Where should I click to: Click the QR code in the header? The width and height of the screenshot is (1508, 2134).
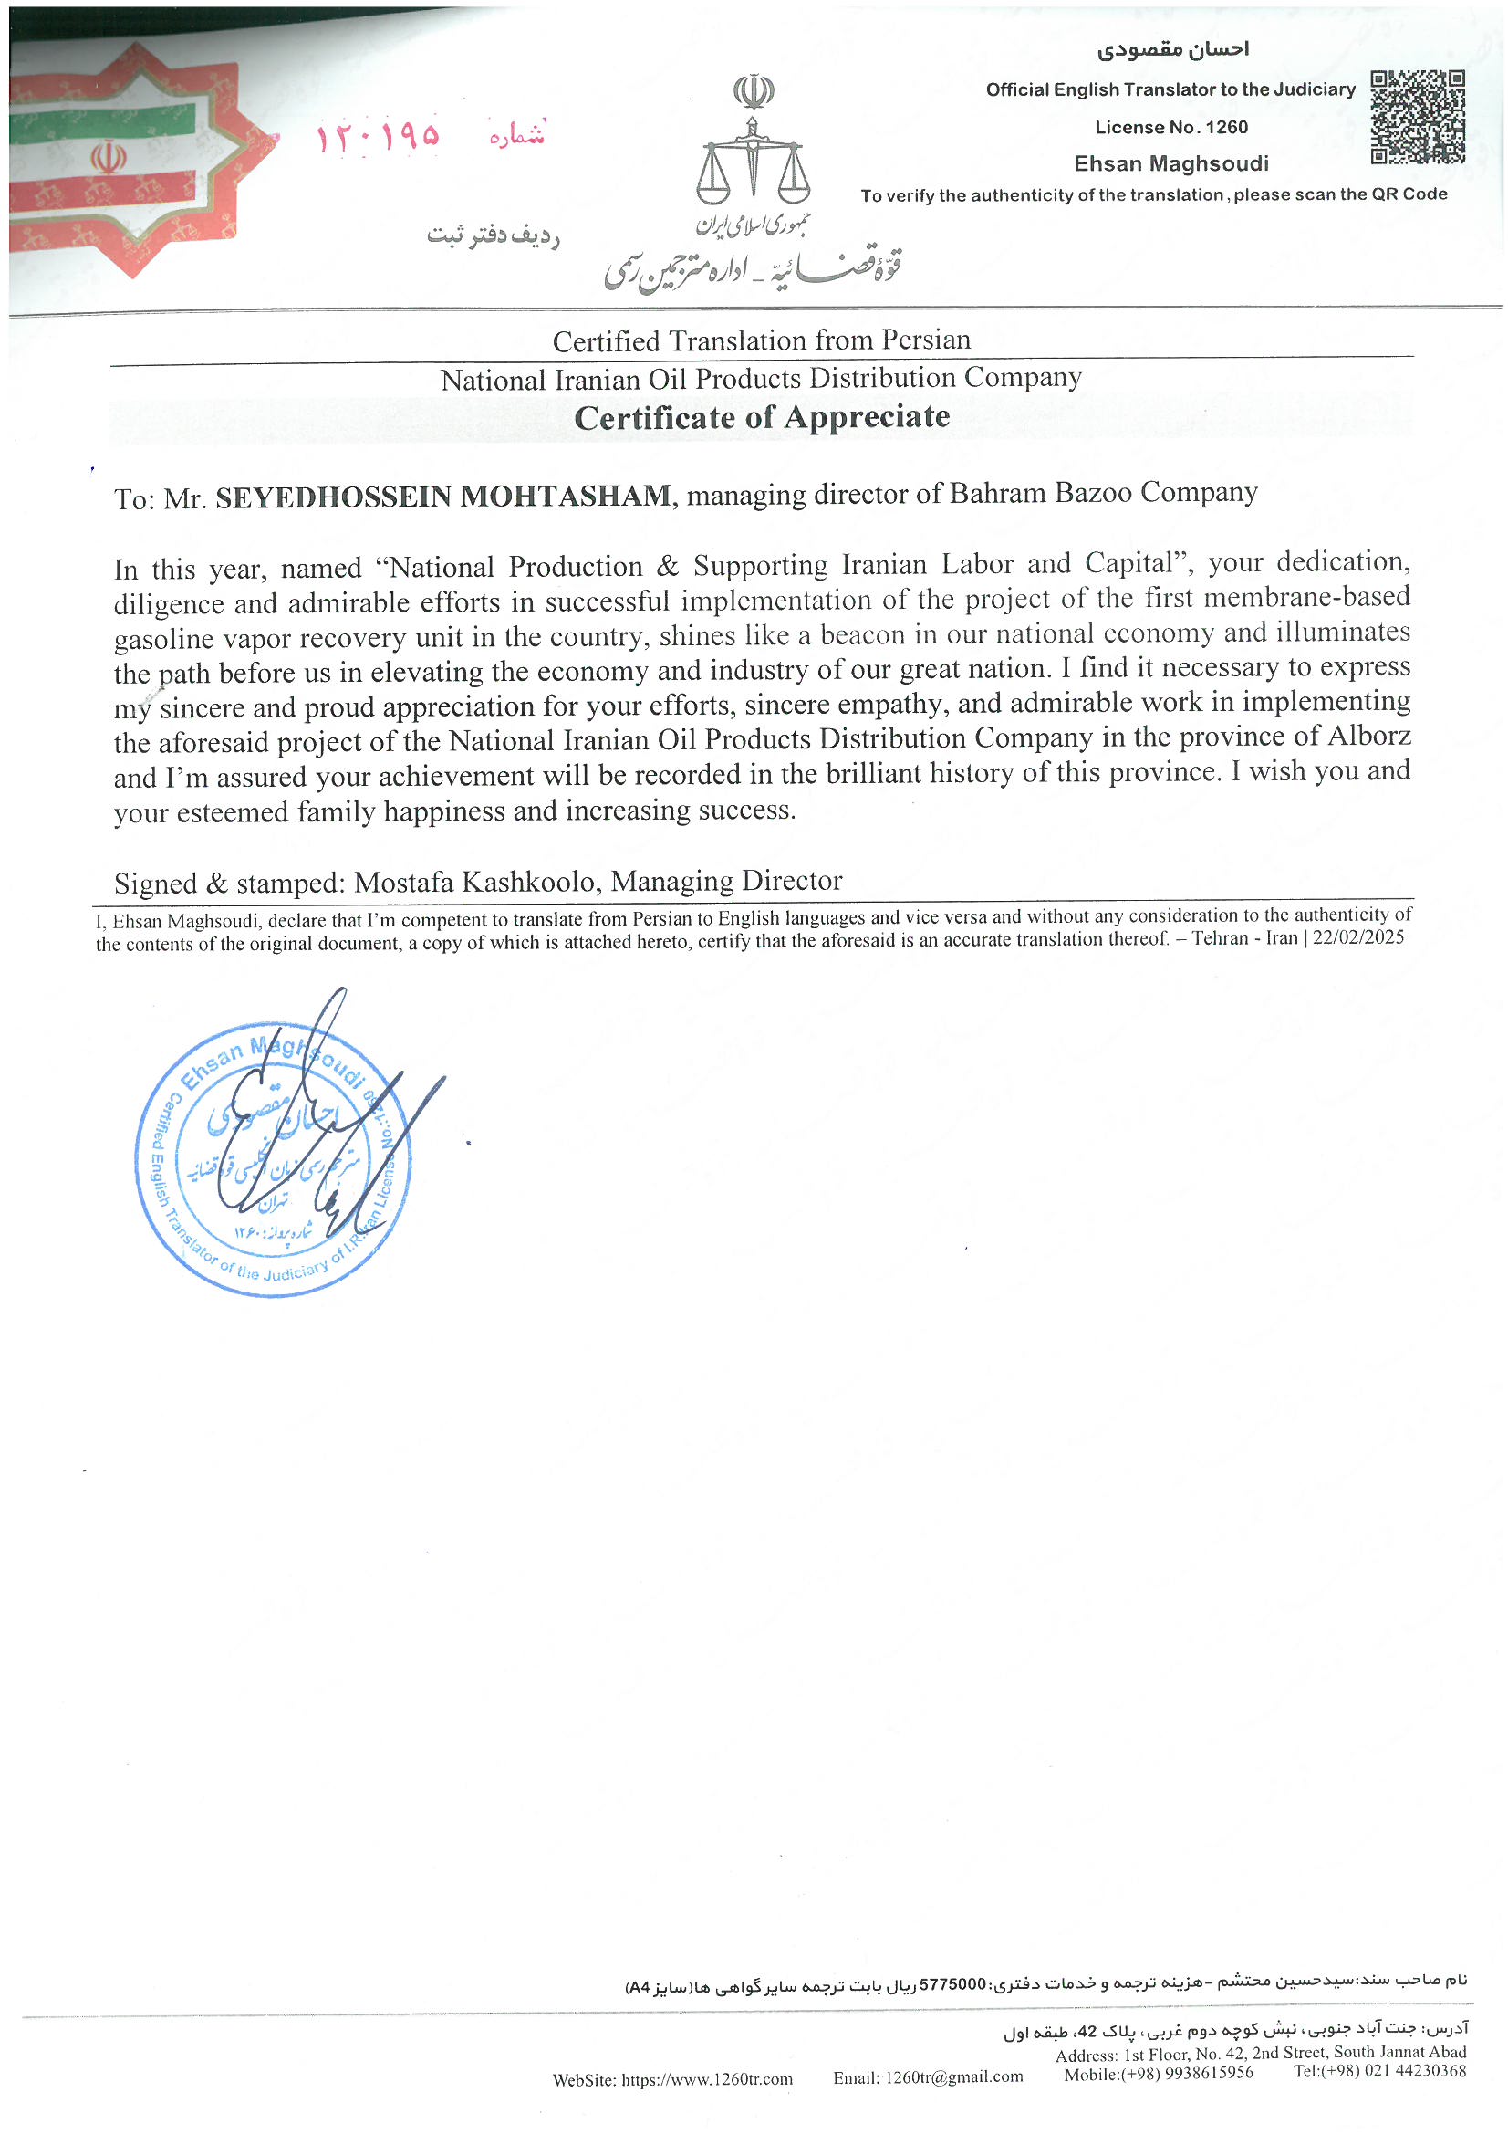point(1417,117)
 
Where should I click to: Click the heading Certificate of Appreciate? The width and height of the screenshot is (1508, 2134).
point(762,417)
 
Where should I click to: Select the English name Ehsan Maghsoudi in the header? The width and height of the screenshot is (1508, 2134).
point(1170,164)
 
